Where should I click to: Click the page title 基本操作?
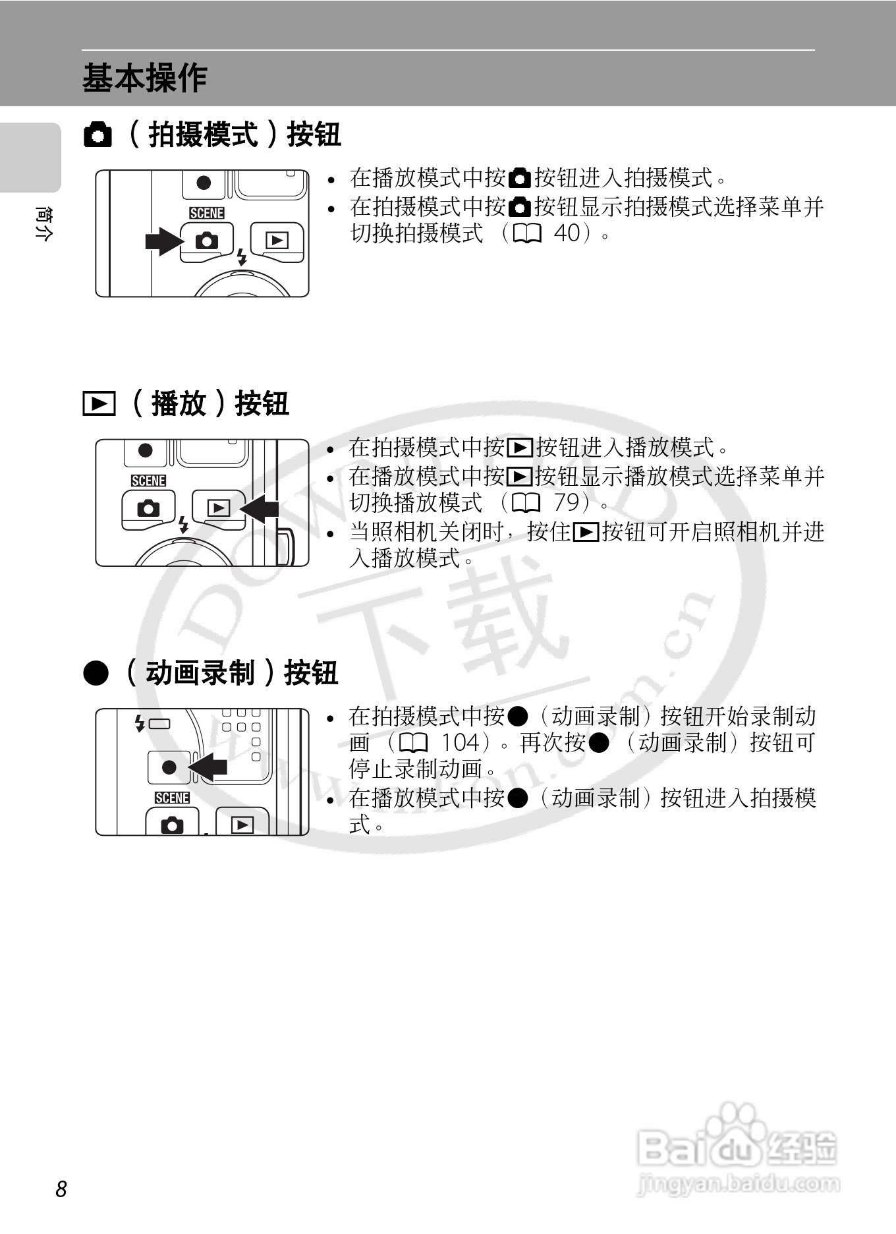pos(145,78)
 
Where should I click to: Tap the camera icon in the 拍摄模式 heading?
pos(98,135)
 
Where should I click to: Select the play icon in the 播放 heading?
pos(99,403)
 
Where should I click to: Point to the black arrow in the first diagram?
pos(163,241)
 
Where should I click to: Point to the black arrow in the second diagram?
pos(260,508)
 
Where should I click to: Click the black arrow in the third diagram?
pos(208,767)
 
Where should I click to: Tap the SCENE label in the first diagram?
pos(206,213)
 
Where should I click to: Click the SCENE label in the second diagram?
pos(148,481)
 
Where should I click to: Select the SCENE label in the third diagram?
pos(172,798)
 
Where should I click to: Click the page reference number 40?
pos(567,233)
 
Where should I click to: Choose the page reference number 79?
pos(566,502)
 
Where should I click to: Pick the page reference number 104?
pos(459,743)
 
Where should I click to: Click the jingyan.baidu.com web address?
pos(739,1185)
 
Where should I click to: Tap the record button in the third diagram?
pos(169,767)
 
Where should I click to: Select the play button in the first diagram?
pos(277,241)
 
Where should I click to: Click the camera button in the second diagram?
pos(148,509)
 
